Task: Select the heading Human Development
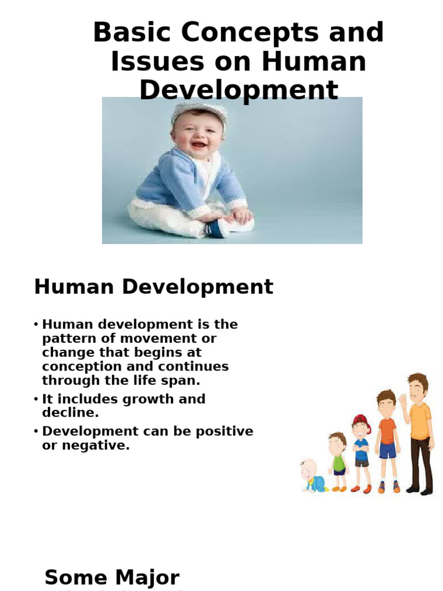(153, 287)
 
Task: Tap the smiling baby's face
(197, 136)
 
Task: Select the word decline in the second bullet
(69, 413)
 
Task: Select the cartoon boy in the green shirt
(338, 461)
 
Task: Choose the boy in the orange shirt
(388, 439)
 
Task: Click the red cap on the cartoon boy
(362, 420)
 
